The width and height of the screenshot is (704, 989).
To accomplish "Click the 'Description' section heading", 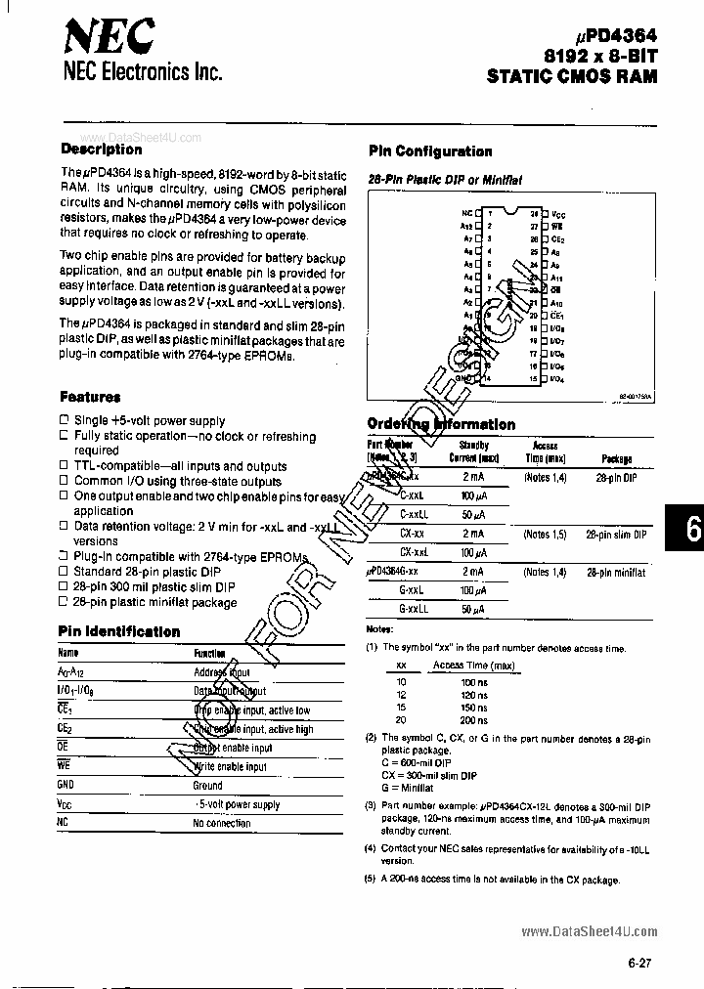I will click(x=101, y=150).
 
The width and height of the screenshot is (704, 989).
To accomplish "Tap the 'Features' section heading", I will click(x=90, y=397).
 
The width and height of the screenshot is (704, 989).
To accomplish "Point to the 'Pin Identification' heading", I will click(x=118, y=631).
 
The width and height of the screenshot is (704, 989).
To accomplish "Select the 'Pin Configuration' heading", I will click(x=429, y=151).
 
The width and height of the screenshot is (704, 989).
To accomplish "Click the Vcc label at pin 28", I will click(x=557, y=212).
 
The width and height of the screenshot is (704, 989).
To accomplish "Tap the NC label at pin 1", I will click(x=466, y=212).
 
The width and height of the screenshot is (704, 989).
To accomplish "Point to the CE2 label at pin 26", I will click(x=558, y=237).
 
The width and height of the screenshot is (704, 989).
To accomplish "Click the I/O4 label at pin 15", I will click(x=558, y=378).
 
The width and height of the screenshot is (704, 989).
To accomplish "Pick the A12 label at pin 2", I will click(x=467, y=225).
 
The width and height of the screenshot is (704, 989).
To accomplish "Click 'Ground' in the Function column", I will click(x=207, y=785).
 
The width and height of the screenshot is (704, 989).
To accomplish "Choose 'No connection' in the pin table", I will click(x=222, y=823).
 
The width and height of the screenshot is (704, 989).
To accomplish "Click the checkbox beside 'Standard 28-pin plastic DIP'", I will click(x=64, y=571).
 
